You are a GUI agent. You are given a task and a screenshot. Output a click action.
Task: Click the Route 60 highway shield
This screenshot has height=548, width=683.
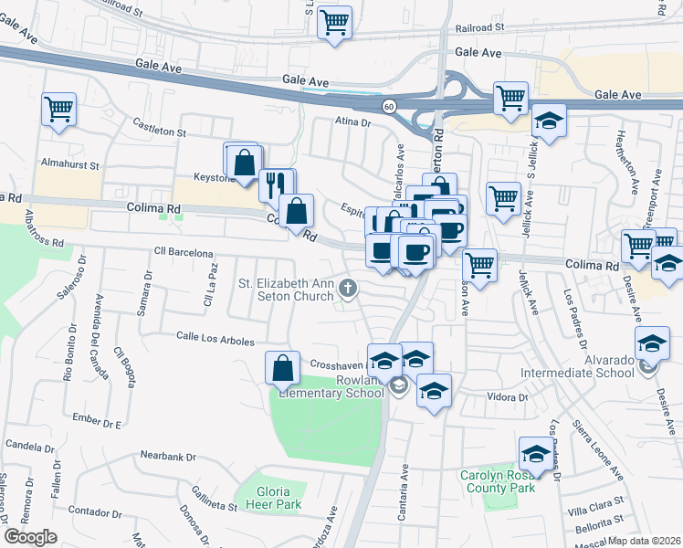(389, 106)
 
